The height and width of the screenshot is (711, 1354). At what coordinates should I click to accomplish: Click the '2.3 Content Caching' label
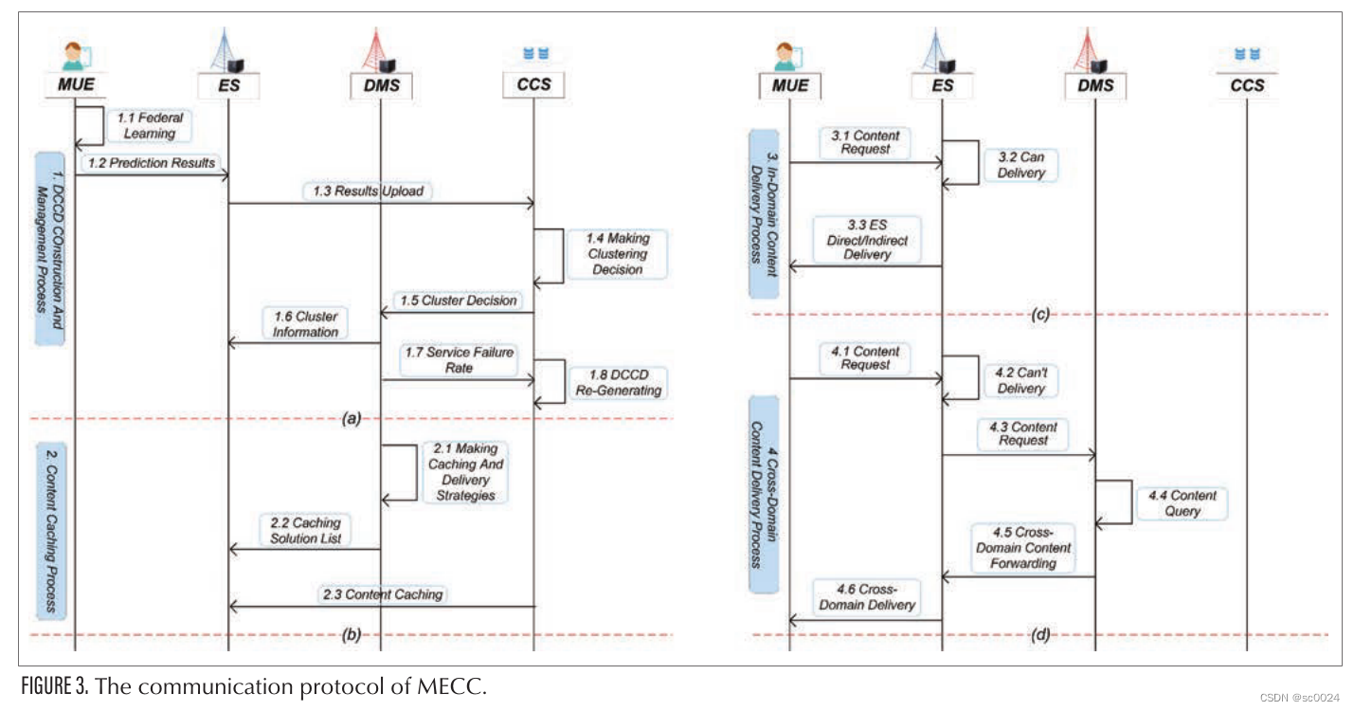382,594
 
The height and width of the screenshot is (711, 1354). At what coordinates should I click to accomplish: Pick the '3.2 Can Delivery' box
1020,166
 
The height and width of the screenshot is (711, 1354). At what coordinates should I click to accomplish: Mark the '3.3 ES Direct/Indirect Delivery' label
866,241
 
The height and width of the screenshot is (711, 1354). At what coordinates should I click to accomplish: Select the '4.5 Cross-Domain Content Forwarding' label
1020,548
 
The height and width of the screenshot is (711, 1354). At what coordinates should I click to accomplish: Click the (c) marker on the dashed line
1040,315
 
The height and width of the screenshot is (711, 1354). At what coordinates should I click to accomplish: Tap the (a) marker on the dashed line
351,418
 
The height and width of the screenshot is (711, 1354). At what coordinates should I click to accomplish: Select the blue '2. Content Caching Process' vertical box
50,527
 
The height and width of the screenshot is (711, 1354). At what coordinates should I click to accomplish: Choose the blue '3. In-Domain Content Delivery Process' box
764,214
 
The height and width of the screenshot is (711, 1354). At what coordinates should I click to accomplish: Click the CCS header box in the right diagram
1247,85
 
